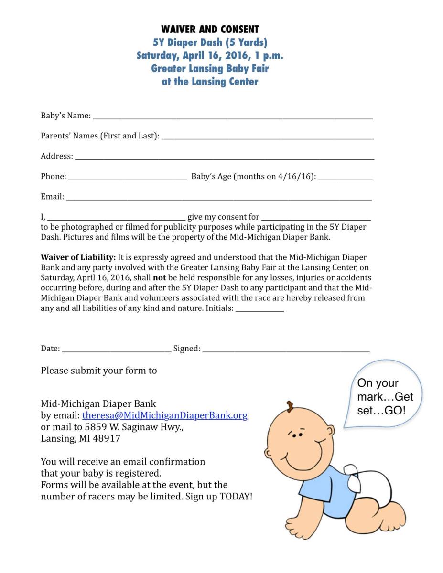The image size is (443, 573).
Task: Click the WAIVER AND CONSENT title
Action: click(x=210, y=29)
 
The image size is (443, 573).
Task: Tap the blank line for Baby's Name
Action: click(x=232, y=117)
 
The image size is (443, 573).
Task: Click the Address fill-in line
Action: click(x=224, y=158)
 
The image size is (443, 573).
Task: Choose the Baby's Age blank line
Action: click(x=345, y=179)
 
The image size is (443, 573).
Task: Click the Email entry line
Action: click(x=218, y=199)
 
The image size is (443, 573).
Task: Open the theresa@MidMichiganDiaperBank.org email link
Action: click(x=165, y=415)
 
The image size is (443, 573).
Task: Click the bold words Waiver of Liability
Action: click(x=78, y=257)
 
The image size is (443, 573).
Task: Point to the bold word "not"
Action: click(x=159, y=277)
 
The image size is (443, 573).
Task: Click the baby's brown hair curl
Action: click(x=290, y=406)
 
